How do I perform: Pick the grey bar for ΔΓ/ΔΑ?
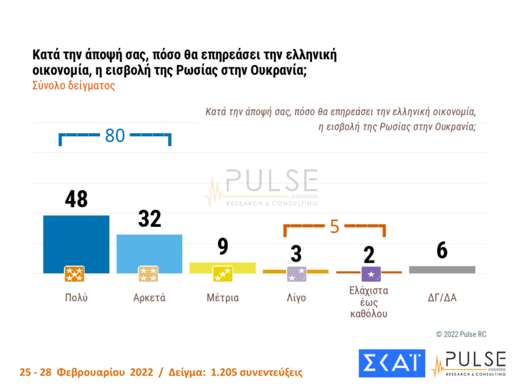click(442, 269)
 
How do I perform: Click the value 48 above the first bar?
click(76, 200)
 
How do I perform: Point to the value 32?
click(149, 219)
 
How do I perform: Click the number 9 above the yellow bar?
click(223, 247)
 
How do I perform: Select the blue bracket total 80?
click(115, 136)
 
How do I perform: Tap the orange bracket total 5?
click(334, 226)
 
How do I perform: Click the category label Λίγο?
click(296, 297)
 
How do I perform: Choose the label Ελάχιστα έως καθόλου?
click(368, 302)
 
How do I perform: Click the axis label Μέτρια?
click(223, 297)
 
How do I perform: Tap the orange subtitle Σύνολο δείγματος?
click(73, 85)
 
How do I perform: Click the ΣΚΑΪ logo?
click(391, 364)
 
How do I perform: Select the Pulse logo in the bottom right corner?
click(468, 364)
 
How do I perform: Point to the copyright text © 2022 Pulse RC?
click(461, 334)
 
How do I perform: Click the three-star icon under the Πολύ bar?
click(75, 274)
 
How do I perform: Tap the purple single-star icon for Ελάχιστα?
click(371, 274)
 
